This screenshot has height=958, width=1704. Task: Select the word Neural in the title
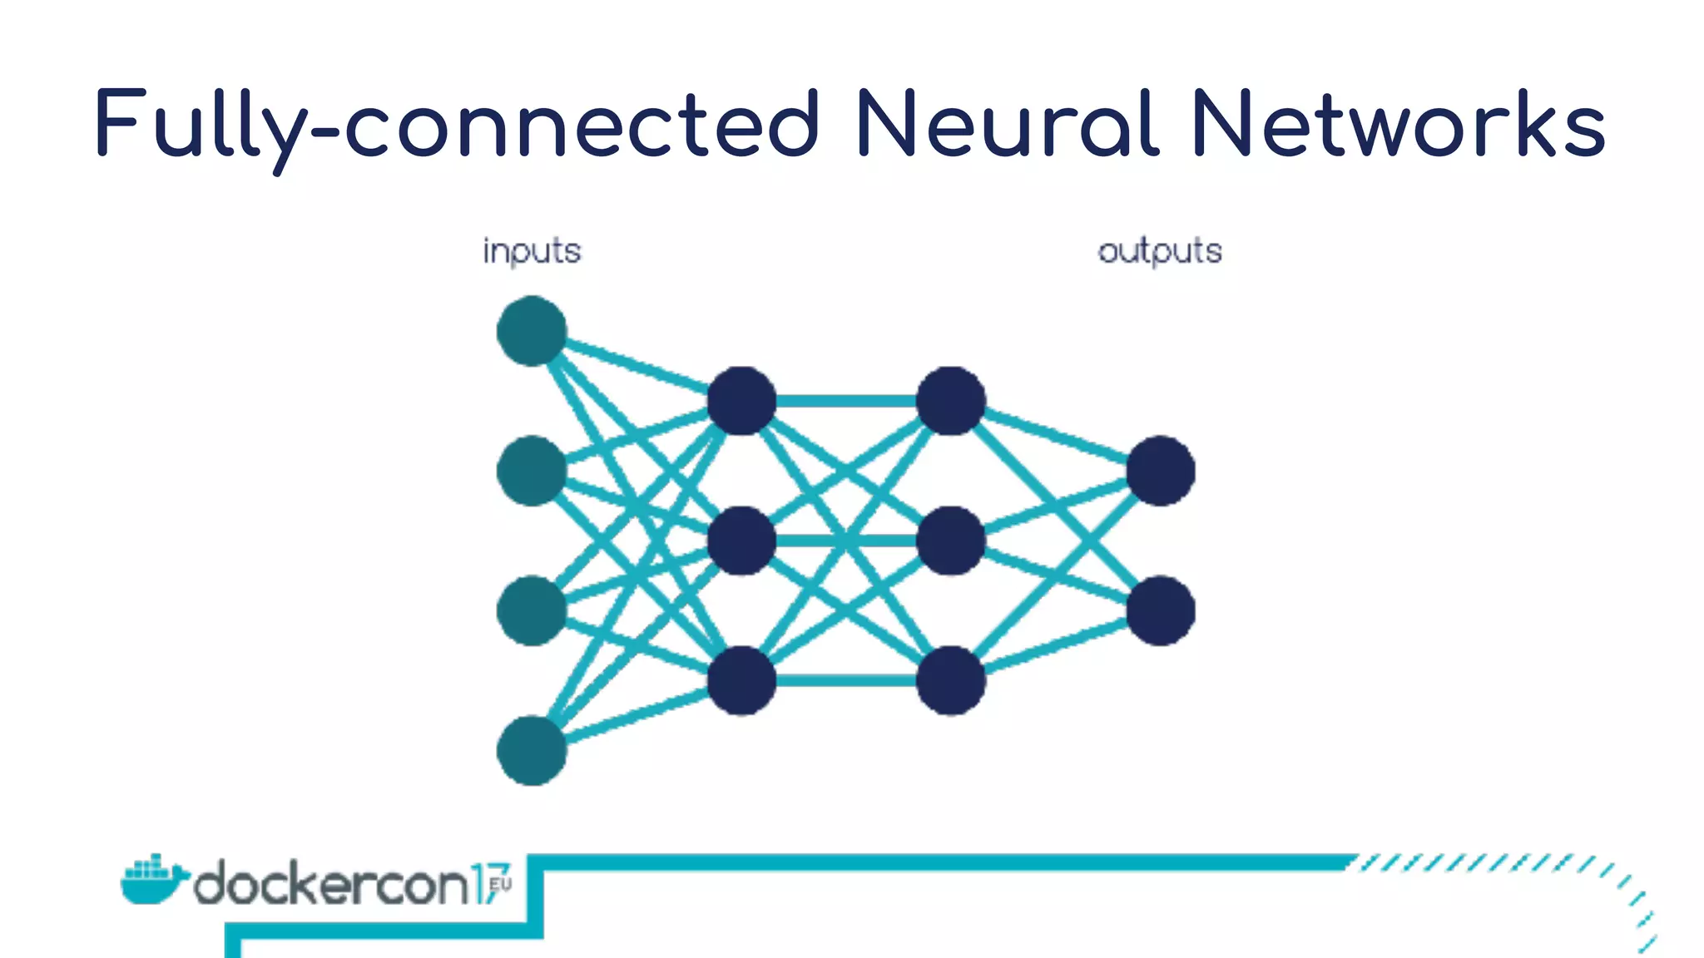point(1006,125)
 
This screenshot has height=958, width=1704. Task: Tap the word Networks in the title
point(1399,125)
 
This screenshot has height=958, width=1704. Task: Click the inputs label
point(532,251)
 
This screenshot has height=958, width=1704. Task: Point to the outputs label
point(1160,251)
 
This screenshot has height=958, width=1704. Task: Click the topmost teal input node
point(532,331)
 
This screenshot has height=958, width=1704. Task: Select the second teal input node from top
point(532,471)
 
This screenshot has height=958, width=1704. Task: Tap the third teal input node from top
point(532,610)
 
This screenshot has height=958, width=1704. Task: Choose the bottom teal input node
point(532,750)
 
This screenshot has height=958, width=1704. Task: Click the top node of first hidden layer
point(741,401)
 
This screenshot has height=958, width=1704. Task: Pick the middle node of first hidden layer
point(741,541)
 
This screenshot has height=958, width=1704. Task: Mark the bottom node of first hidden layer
point(741,680)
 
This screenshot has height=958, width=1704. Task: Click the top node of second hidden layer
point(951,401)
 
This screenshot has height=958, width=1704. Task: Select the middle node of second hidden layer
point(951,541)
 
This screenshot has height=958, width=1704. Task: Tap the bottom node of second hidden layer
point(951,680)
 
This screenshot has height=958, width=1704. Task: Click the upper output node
point(1161,471)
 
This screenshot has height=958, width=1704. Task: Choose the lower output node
point(1161,610)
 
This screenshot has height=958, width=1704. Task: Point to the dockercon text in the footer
point(333,883)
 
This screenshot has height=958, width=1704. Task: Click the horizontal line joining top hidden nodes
point(846,401)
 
